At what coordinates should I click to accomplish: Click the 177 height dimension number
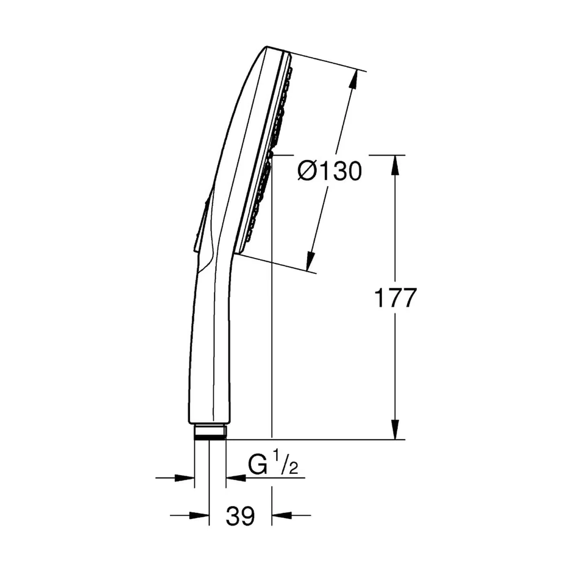click(395, 298)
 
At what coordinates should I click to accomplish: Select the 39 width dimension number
click(240, 516)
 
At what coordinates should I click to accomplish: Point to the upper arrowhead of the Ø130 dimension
click(353, 79)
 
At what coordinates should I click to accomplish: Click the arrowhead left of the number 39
click(200, 515)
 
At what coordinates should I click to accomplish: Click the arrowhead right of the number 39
click(282, 515)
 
